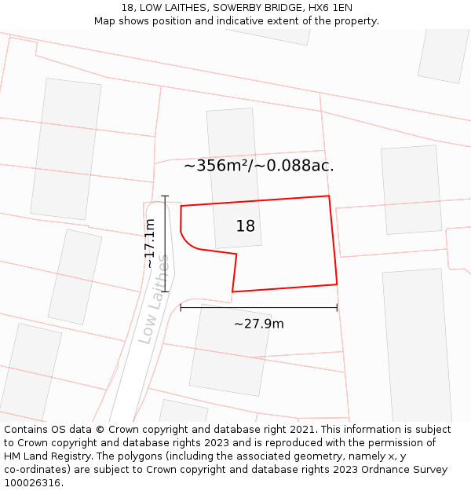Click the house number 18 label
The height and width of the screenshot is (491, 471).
(246, 226)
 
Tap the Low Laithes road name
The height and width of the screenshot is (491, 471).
(154, 299)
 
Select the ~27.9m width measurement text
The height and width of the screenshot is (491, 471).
(258, 324)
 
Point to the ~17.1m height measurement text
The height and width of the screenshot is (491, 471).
(149, 244)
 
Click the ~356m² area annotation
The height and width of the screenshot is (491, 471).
(258, 166)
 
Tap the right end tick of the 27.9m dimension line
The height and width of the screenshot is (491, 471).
(337, 308)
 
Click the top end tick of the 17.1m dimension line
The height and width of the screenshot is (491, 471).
(165, 196)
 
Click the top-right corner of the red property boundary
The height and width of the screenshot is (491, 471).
(328, 196)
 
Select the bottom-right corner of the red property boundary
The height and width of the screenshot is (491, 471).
(337, 284)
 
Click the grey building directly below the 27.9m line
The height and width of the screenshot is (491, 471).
(229, 350)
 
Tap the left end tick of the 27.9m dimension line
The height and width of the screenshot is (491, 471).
(181, 308)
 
